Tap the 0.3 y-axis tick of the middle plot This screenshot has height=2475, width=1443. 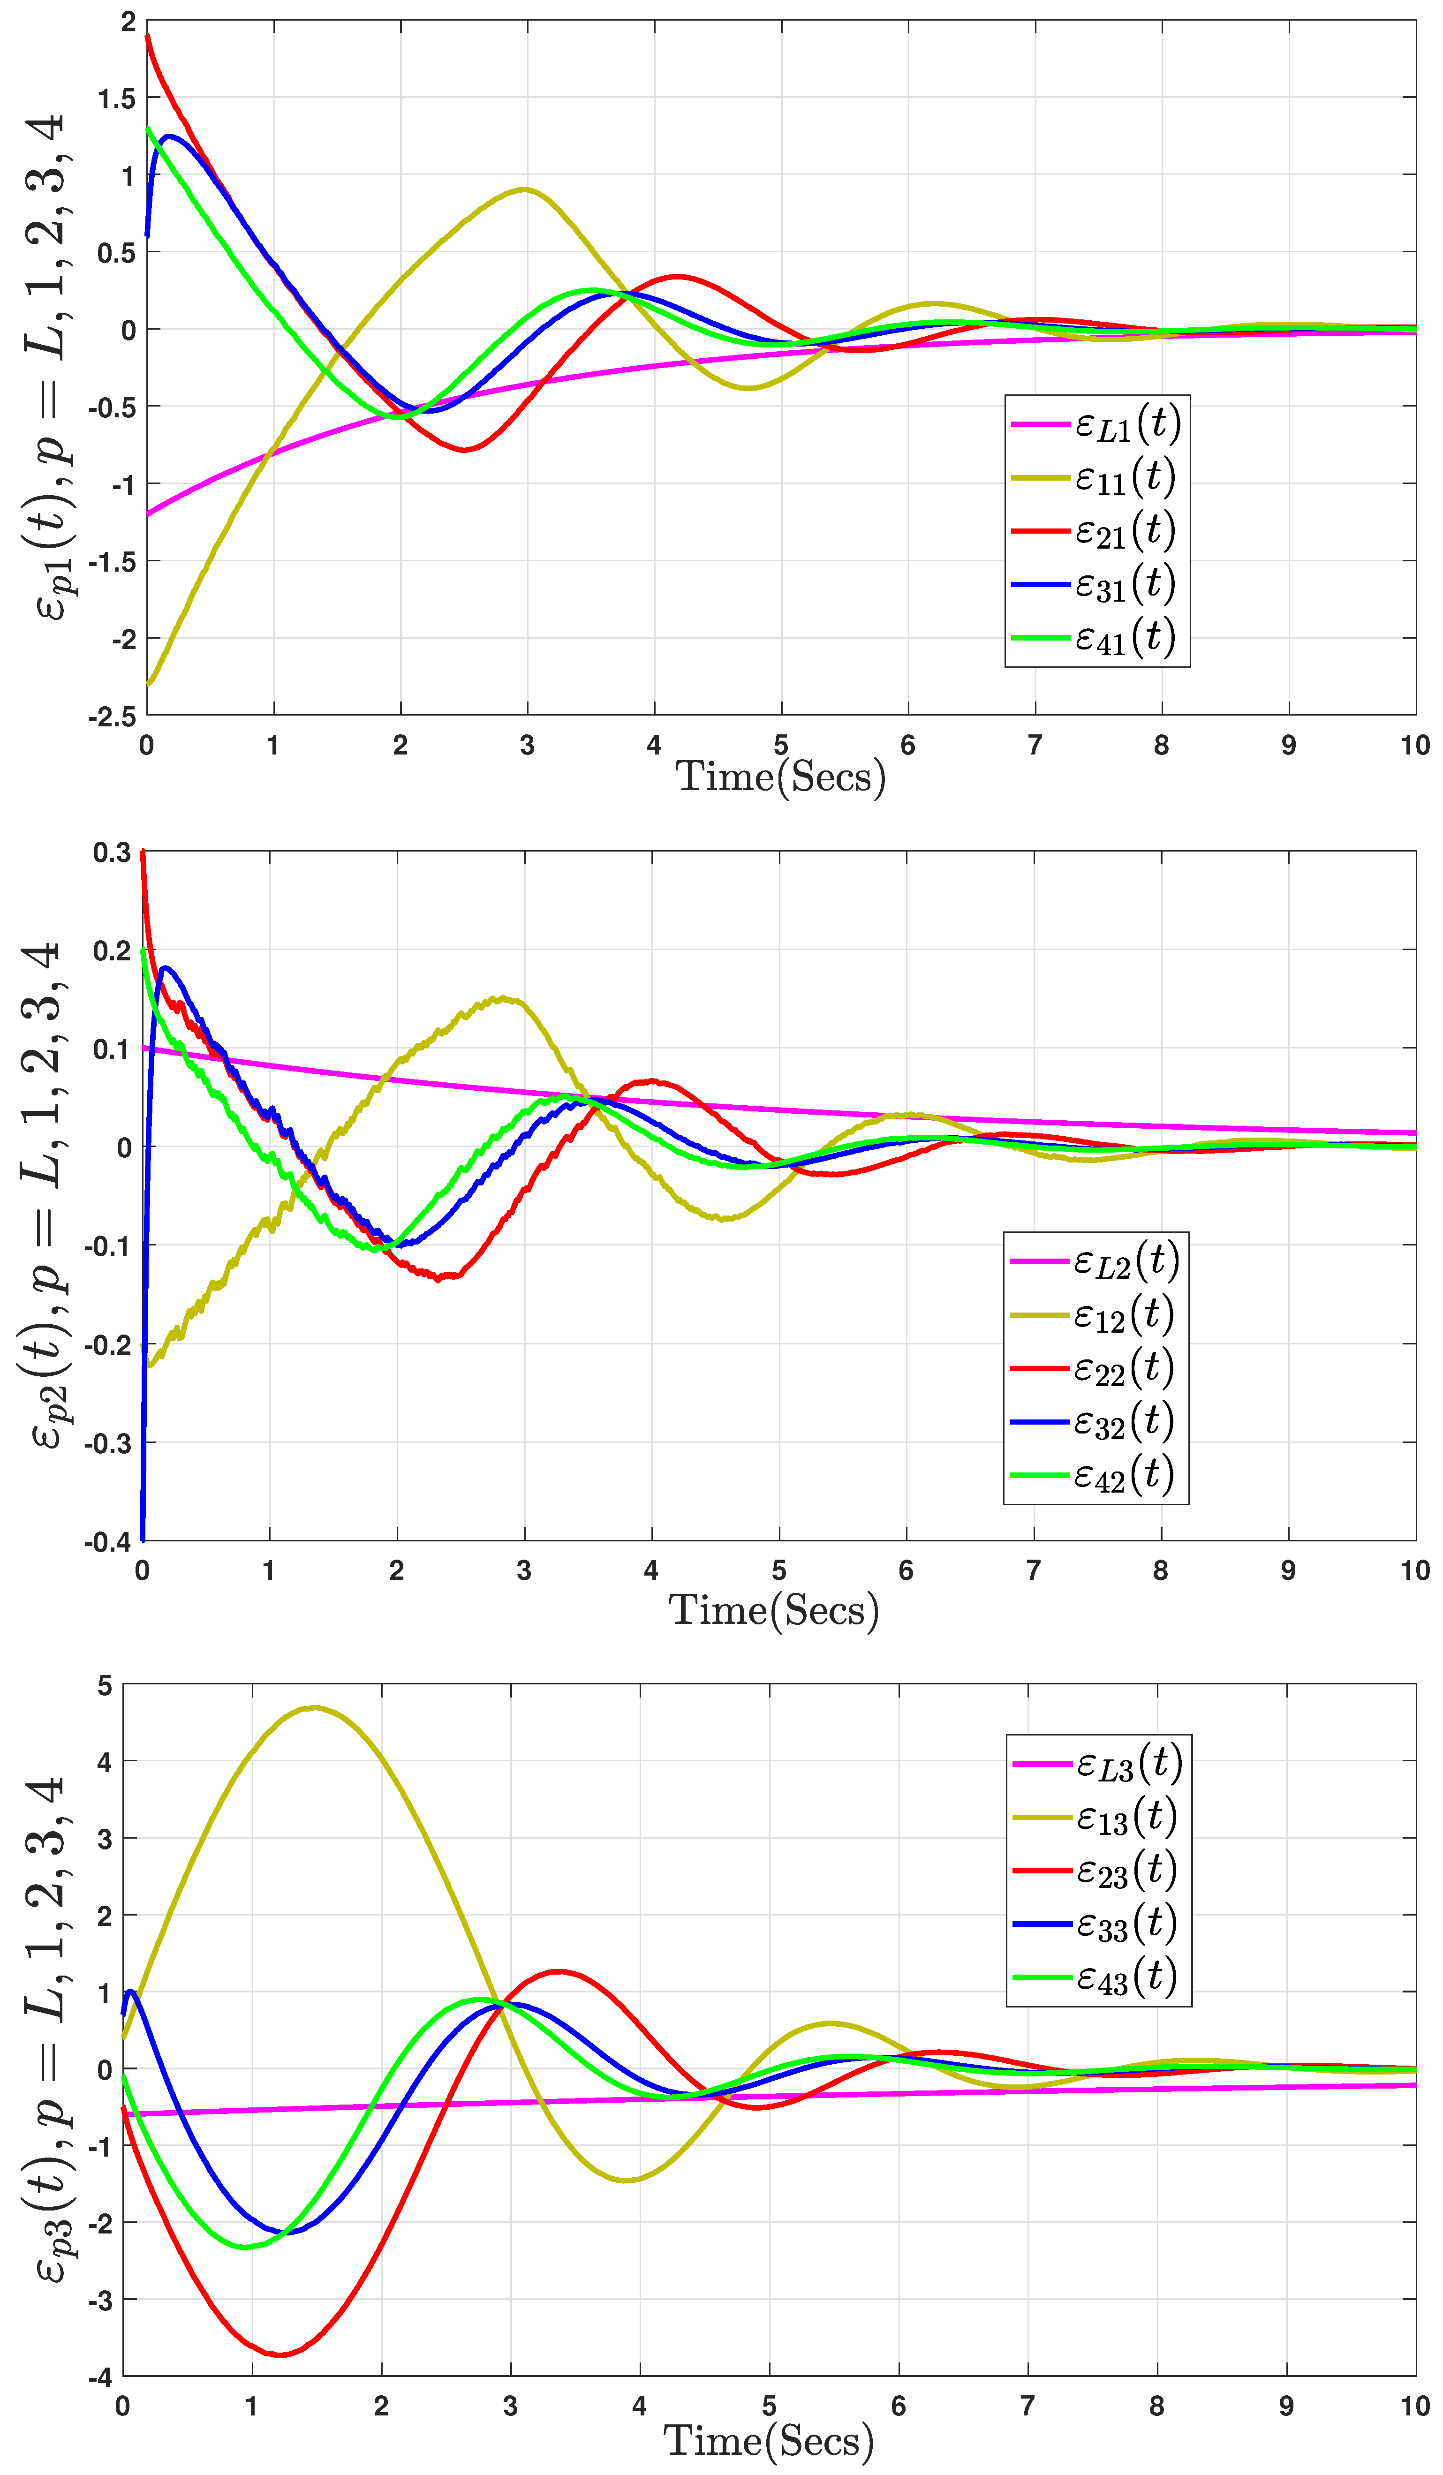pyautogui.click(x=112, y=853)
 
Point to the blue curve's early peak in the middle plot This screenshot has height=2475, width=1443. pyautogui.click(x=165, y=967)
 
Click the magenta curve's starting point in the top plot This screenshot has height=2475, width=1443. pyautogui.click(x=147, y=513)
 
